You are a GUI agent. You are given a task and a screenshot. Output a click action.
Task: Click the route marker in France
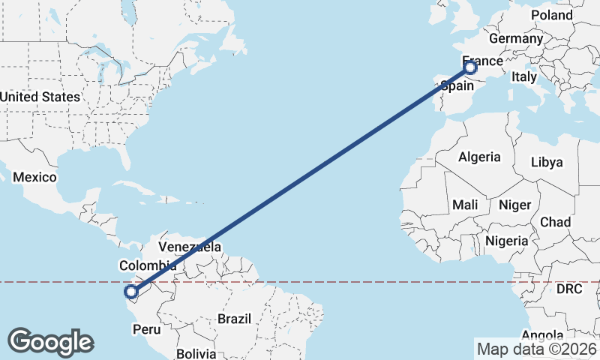(x=470, y=68)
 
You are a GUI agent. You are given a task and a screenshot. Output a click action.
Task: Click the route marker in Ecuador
(x=131, y=292)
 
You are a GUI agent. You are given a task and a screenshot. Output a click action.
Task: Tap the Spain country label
(x=457, y=85)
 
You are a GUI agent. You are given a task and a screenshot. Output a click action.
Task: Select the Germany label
(x=515, y=38)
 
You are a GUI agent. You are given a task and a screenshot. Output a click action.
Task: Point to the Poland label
(x=551, y=15)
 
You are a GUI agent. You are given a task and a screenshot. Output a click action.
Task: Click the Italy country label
(x=524, y=76)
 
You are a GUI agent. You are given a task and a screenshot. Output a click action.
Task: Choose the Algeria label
(x=479, y=157)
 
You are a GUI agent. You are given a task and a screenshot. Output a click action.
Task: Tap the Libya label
(x=546, y=162)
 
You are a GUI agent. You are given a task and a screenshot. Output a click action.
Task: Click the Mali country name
(x=465, y=205)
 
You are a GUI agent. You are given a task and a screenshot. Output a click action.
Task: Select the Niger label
(x=514, y=205)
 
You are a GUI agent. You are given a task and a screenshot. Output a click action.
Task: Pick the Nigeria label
(x=507, y=241)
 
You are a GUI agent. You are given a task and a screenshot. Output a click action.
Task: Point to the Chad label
(x=555, y=222)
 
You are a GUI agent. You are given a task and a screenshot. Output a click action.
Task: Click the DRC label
(x=569, y=289)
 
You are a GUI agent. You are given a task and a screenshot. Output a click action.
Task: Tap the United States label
(x=40, y=97)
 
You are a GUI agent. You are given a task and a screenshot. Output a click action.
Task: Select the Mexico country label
(x=34, y=177)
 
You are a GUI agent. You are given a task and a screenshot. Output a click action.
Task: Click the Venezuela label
(x=190, y=247)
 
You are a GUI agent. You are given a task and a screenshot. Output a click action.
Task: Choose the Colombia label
(x=148, y=265)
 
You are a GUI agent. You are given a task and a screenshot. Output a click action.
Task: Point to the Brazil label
(x=234, y=319)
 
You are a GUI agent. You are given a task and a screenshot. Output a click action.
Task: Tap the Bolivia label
(x=196, y=353)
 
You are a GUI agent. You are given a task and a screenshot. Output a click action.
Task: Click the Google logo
(x=50, y=342)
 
